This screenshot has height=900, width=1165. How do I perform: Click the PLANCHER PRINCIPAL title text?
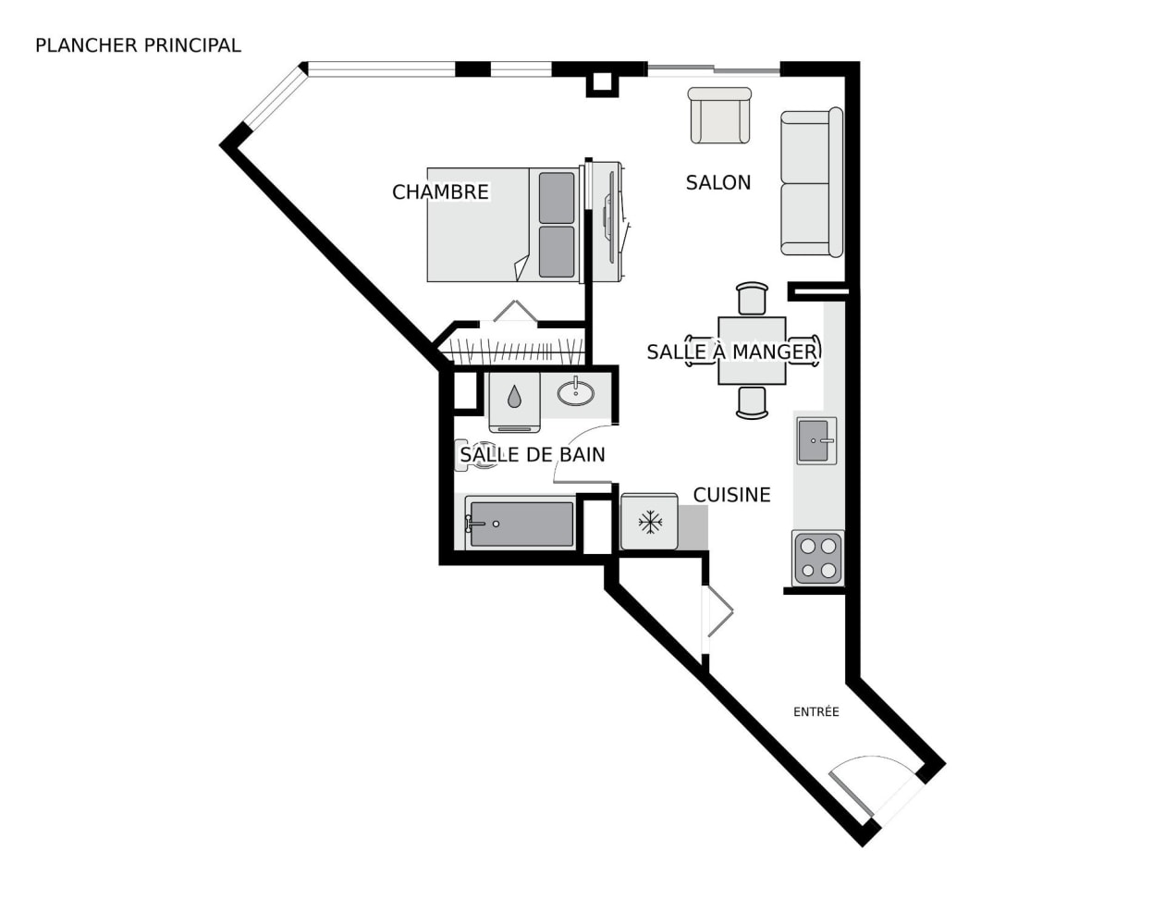pos(138,45)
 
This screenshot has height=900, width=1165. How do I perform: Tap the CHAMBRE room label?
pos(440,192)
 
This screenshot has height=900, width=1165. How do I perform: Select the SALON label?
pos(718,183)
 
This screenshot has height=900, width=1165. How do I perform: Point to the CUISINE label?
pos(731,495)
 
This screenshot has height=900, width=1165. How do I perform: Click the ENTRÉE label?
pos(816,711)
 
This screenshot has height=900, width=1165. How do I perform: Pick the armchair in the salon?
pos(719,116)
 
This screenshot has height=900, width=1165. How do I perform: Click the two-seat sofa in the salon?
pos(812,182)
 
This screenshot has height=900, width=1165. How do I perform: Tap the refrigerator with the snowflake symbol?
pos(649,522)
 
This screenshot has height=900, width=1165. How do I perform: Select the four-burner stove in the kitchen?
pos(818,558)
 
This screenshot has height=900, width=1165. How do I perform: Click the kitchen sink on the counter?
pos(816,441)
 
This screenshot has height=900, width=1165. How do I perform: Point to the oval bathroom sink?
pos(576,393)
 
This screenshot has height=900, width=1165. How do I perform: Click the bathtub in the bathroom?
pos(521,523)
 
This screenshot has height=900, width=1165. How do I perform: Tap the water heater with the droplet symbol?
pos(514,402)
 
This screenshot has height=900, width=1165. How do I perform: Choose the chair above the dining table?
pos(753,299)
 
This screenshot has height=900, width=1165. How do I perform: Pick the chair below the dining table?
pos(753,402)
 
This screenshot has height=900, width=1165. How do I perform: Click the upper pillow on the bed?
pos(557,197)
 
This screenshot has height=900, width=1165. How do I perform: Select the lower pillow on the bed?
pos(557,252)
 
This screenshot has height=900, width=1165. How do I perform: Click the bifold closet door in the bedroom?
pos(515,311)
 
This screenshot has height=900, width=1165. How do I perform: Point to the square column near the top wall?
pos(602,82)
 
